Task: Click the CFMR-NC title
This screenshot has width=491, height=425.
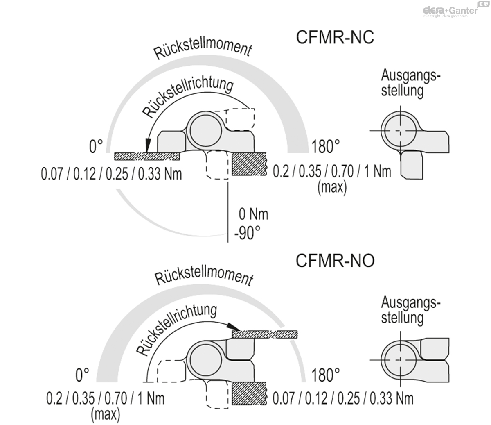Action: point(335,37)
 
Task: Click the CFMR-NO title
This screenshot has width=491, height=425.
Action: point(335,261)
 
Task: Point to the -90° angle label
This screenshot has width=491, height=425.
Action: point(247,233)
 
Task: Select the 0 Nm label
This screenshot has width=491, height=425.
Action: point(253,214)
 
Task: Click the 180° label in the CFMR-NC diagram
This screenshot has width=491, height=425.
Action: point(325,147)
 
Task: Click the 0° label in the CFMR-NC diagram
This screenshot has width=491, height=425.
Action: point(96,146)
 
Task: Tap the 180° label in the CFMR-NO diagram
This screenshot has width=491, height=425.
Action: point(325,375)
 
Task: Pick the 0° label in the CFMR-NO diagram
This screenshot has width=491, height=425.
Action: point(82,375)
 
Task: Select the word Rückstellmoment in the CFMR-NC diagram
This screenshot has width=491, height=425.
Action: point(203,49)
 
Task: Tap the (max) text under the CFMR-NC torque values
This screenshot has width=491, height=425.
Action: point(332,187)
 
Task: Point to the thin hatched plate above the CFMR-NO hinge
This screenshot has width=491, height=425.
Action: point(265,334)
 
